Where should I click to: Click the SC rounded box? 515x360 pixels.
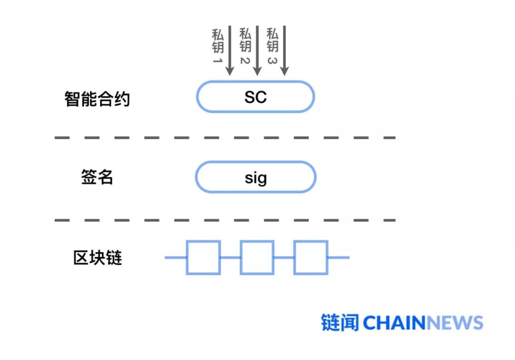[256, 97]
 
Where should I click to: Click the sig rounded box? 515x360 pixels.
[256, 177]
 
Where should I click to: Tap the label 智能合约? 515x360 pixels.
[97, 99]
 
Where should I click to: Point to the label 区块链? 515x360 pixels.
[97, 257]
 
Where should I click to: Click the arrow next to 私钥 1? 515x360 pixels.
[229, 50]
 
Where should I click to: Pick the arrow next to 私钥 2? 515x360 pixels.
[257, 50]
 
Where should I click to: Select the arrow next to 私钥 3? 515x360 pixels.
[285, 50]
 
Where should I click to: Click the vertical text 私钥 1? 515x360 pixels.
[217, 47]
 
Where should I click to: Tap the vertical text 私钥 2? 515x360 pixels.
[245, 47]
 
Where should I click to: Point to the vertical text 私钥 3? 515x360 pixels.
[272, 47]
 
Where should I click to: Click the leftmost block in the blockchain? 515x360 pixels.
[203, 257]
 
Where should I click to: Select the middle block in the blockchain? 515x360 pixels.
[257, 257]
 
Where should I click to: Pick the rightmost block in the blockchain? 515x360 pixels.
[310, 257]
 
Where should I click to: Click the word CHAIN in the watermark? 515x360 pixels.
[394, 323]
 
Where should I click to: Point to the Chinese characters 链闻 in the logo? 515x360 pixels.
[340, 323]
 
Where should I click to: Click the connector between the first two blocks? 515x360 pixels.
[230, 257]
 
